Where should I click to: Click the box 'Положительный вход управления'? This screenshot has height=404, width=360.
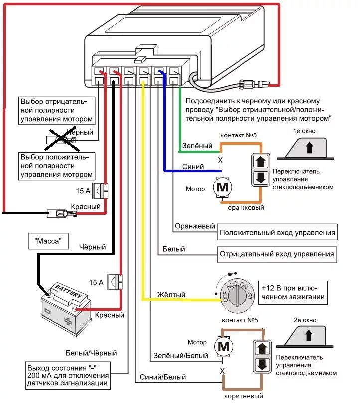[277, 232]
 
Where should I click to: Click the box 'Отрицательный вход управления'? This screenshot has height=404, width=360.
[277, 254]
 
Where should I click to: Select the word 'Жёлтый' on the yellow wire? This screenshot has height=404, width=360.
[171, 295]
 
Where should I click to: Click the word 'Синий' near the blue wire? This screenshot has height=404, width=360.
[192, 167]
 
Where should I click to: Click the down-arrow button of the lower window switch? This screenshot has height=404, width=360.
[261, 364]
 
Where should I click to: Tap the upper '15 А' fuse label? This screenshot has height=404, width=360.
[82, 190]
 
